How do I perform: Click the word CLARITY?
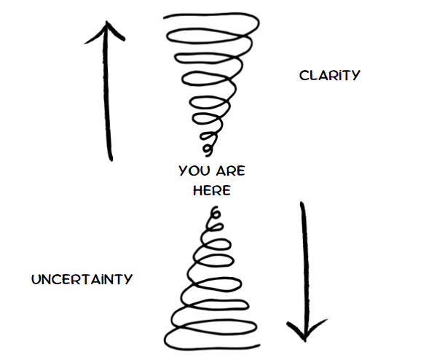(x=329, y=75)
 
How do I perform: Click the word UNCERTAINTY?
(x=82, y=279)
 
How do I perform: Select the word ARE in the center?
(x=231, y=172)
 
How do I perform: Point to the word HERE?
(x=212, y=190)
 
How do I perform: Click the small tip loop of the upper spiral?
(x=210, y=149)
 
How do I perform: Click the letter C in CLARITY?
(x=303, y=75)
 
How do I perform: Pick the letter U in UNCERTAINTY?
(x=35, y=279)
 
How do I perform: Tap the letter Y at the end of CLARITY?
(x=355, y=75)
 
